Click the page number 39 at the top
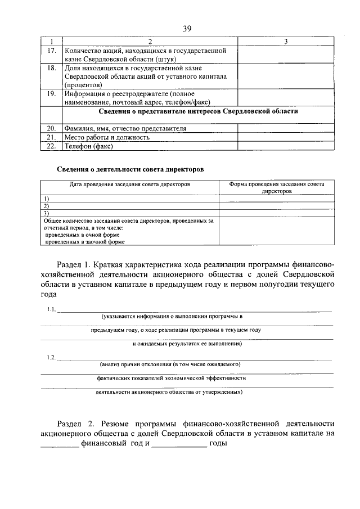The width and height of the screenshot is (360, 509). pos(187,29)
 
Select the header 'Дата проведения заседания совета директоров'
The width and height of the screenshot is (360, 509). pos(130,184)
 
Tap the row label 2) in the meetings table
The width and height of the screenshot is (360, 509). pos(46,206)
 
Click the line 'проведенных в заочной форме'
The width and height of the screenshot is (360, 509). pos(85,242)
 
